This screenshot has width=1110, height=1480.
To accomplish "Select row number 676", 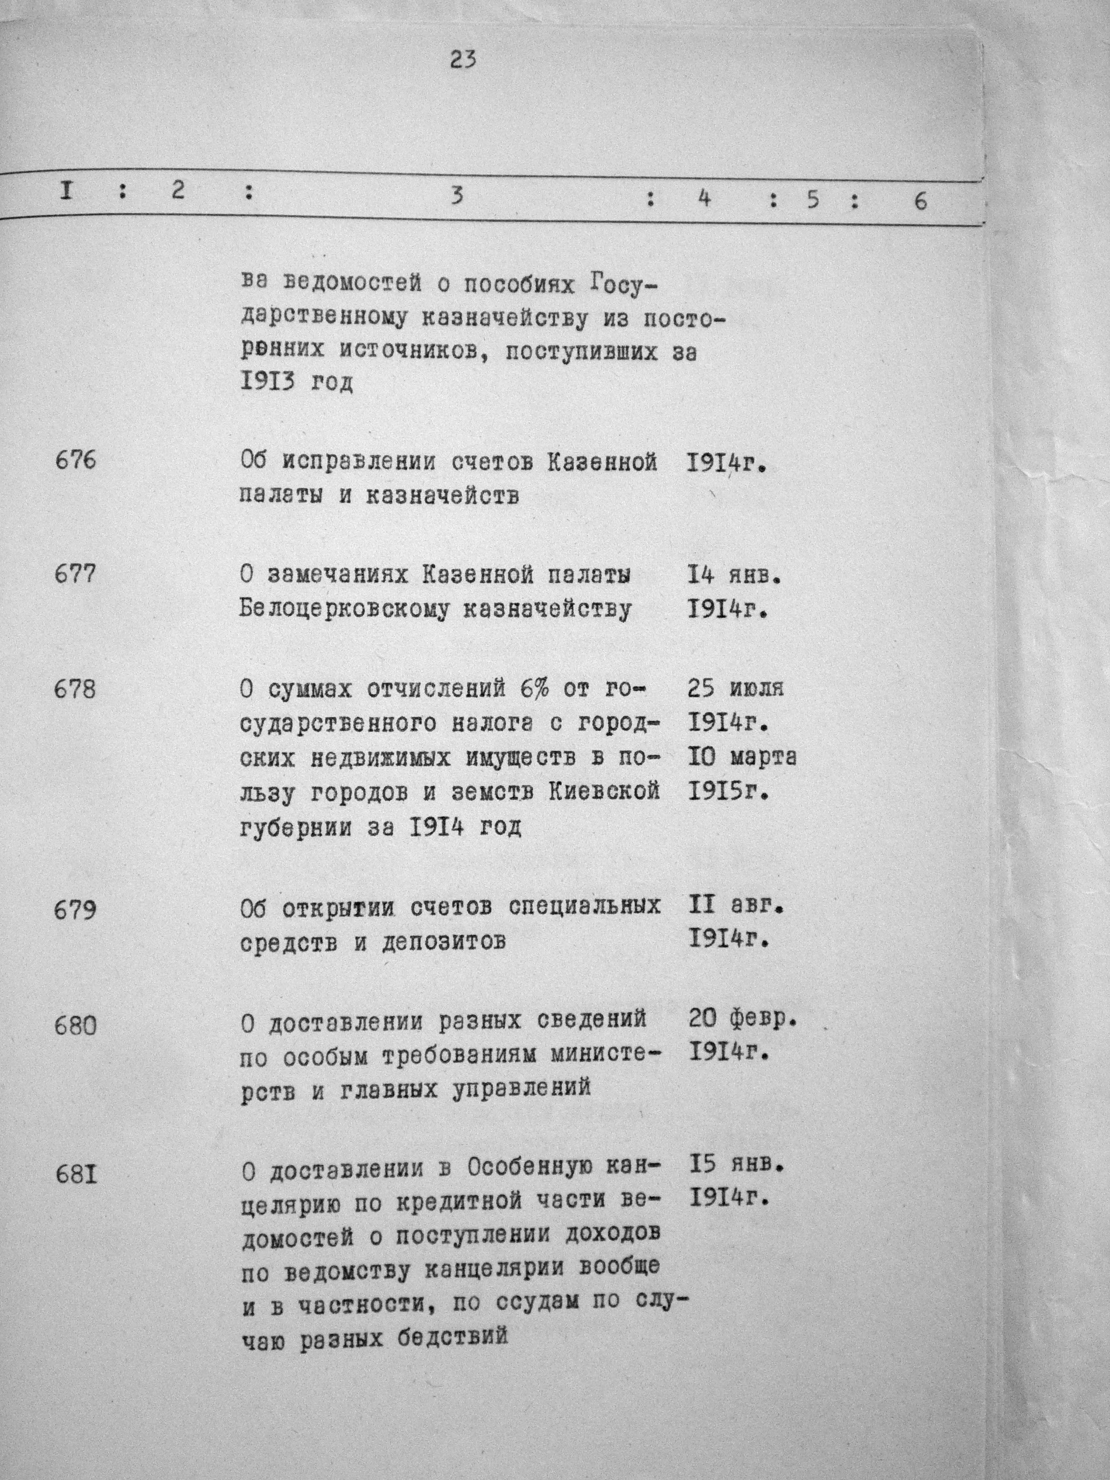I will [x=75, y=461].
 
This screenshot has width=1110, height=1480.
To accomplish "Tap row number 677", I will [x=75, y=575].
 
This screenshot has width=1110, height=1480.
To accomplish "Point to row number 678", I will [x=75, y=689].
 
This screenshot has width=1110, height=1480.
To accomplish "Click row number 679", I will [x=75, y=910].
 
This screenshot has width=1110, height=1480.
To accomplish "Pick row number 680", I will [x=75, y=1025].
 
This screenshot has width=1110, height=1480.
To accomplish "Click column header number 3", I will [x=456, y=197].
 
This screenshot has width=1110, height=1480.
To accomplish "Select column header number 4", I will [x=703, y=198].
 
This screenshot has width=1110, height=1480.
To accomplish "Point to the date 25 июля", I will [x=735, y=689].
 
